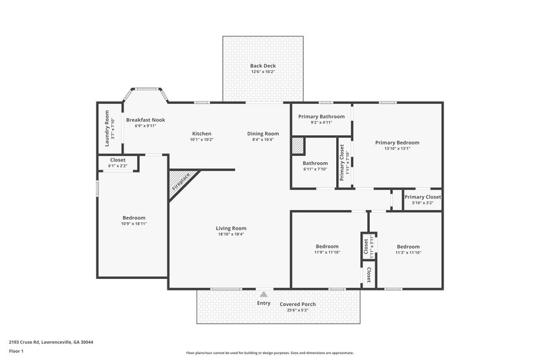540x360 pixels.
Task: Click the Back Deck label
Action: click(263, 66)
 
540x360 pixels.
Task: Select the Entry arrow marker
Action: click(263, 294)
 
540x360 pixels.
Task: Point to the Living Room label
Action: click(231, 228)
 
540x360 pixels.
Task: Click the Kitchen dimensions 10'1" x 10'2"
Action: click(202, 140)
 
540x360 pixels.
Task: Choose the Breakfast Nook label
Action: click(145, 120)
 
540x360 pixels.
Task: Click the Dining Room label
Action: click(263, 134)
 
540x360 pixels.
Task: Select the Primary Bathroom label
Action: click(321, 116)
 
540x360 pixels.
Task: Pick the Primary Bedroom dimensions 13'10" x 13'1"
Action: click(398, 149)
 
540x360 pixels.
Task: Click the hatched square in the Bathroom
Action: click(298, 147)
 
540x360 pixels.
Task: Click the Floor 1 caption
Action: click(16, 352)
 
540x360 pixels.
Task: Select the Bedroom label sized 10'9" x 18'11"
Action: click(134, 217)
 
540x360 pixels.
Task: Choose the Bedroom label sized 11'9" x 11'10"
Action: click(327, 247)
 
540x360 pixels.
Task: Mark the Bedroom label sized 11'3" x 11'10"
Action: click(408, 247)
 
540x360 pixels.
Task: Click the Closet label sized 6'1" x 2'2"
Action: click(117, 160)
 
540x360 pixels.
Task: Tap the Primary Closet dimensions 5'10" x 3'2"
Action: click(423, 202)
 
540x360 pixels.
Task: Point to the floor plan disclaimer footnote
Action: click(269, 353)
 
